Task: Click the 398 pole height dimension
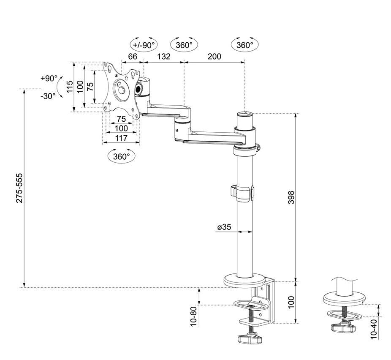(291, 197)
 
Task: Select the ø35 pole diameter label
(224, 227)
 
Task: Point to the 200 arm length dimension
(215, 56)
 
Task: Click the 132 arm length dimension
(163, 56)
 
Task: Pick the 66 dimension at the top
(133, 56)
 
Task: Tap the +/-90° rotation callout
(144, 45)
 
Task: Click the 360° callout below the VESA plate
(122, 156)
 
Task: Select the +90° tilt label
(49, 78)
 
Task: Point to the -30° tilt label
(48, 96)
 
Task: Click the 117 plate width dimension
(121, 138)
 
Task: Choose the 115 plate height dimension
(70, 87)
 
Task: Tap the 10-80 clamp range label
(194, 316)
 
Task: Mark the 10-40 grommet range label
(374, 329)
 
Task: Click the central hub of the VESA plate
(122, 90)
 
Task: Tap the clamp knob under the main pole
(250, 339)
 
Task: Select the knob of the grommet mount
(343, 328)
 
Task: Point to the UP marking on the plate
(116, 75)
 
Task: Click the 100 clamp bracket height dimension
(291, 303)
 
